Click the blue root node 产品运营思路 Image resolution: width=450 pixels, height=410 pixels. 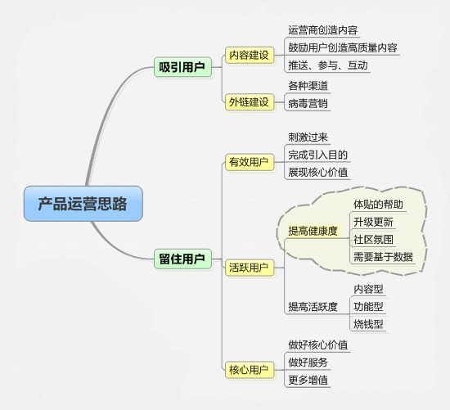click(x=83, y=204)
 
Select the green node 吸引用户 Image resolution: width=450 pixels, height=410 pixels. click(x=182, y=67)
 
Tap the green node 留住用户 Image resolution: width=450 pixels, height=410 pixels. click(x=182, y=259)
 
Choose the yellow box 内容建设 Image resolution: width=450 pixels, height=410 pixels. click(x=250, y=55)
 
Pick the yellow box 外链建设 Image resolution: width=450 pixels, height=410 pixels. click(x=250, y=102)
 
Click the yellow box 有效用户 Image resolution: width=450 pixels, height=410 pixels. click(x=250, y=162)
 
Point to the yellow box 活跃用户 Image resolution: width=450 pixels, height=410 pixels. click(x=250, y=268)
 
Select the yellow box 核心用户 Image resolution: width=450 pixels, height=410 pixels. click(x=250, y=370)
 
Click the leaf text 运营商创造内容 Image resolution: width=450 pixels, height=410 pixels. click(x=323, y=30)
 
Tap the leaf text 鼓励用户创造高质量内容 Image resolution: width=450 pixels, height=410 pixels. click(x=343, y=47)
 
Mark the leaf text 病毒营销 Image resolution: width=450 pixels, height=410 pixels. click(x=308, y=104)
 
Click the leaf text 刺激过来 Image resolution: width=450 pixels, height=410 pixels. click(x=308, y=137)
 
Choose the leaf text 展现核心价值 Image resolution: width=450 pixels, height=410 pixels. click(x=318, y=173)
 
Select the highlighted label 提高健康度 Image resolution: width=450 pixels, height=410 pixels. click(x=313, y=231)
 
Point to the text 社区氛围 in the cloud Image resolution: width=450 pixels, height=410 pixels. click(x=373, y=240)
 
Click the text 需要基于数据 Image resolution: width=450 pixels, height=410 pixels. click(x=383, y=257)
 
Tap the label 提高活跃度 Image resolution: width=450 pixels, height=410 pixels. click(x=313, y=307)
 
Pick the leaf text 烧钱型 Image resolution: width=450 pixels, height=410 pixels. click(x=368, y=324)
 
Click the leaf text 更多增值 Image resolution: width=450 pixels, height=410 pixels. click(x=308, y=381)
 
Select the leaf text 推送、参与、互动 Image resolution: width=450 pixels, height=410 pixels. click(x=328, y=65)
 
